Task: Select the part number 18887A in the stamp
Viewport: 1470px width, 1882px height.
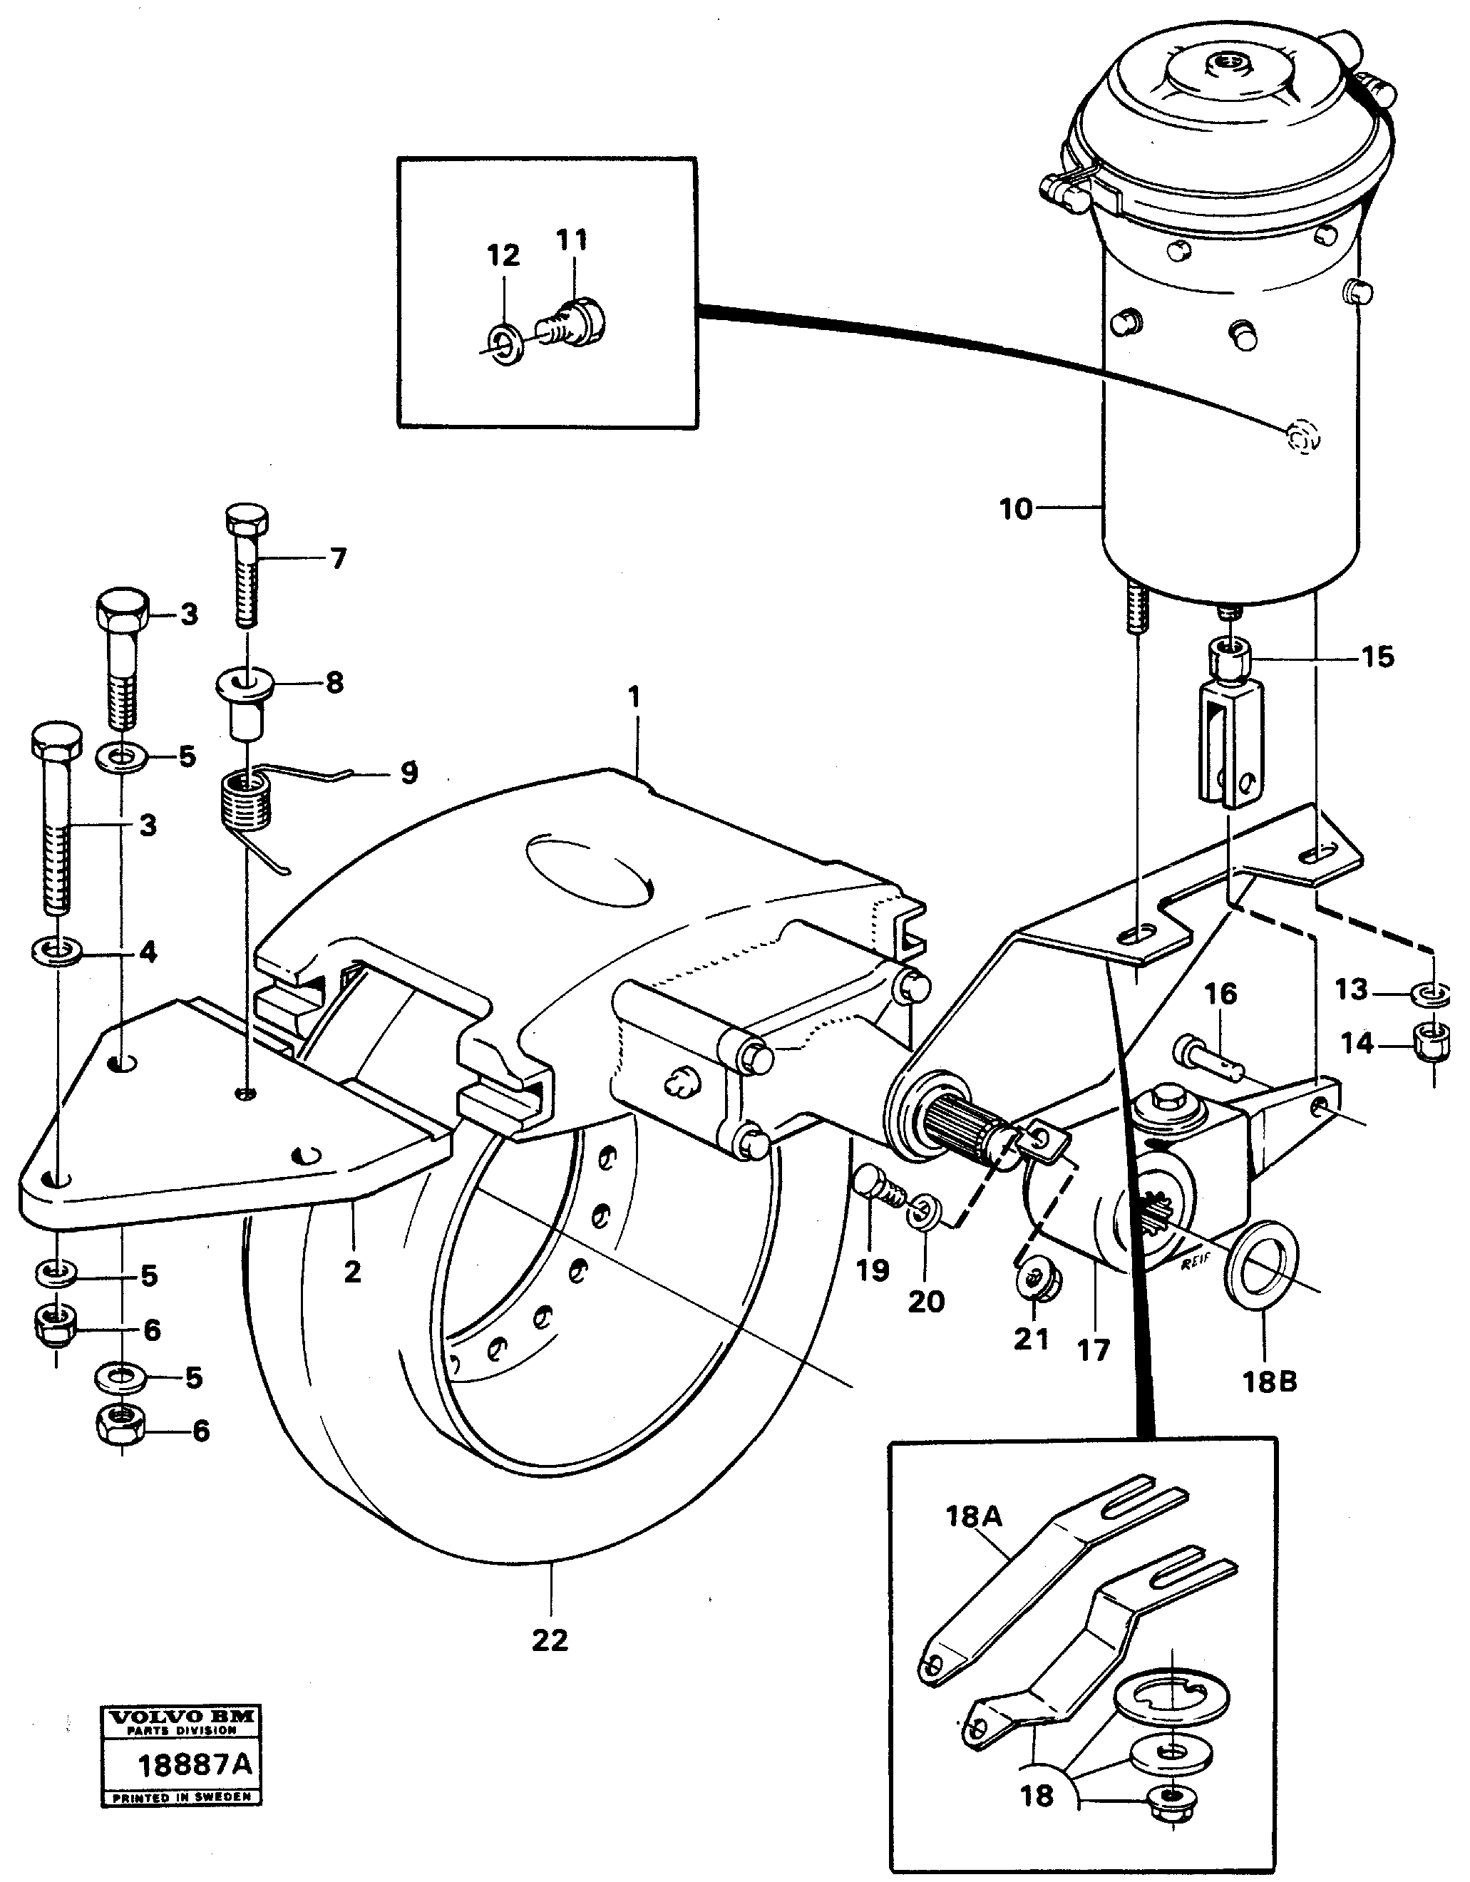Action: point(195,1763)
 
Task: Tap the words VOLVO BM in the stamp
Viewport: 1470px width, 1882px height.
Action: point(181,1717)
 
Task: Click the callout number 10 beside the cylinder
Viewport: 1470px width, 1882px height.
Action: point(1016,509)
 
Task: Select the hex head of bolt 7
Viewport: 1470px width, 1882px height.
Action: point(247,520)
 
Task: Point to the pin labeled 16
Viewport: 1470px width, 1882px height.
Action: point(1206,1058)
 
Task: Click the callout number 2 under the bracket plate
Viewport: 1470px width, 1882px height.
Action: point(352,1271)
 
